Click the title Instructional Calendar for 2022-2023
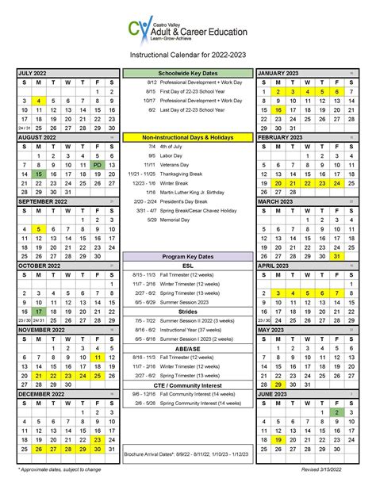187,55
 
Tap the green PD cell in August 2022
98,165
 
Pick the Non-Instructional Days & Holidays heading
187,137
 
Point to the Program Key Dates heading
187,255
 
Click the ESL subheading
187,266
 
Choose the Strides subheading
187,311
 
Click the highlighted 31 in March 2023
338,256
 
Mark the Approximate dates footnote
56,469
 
